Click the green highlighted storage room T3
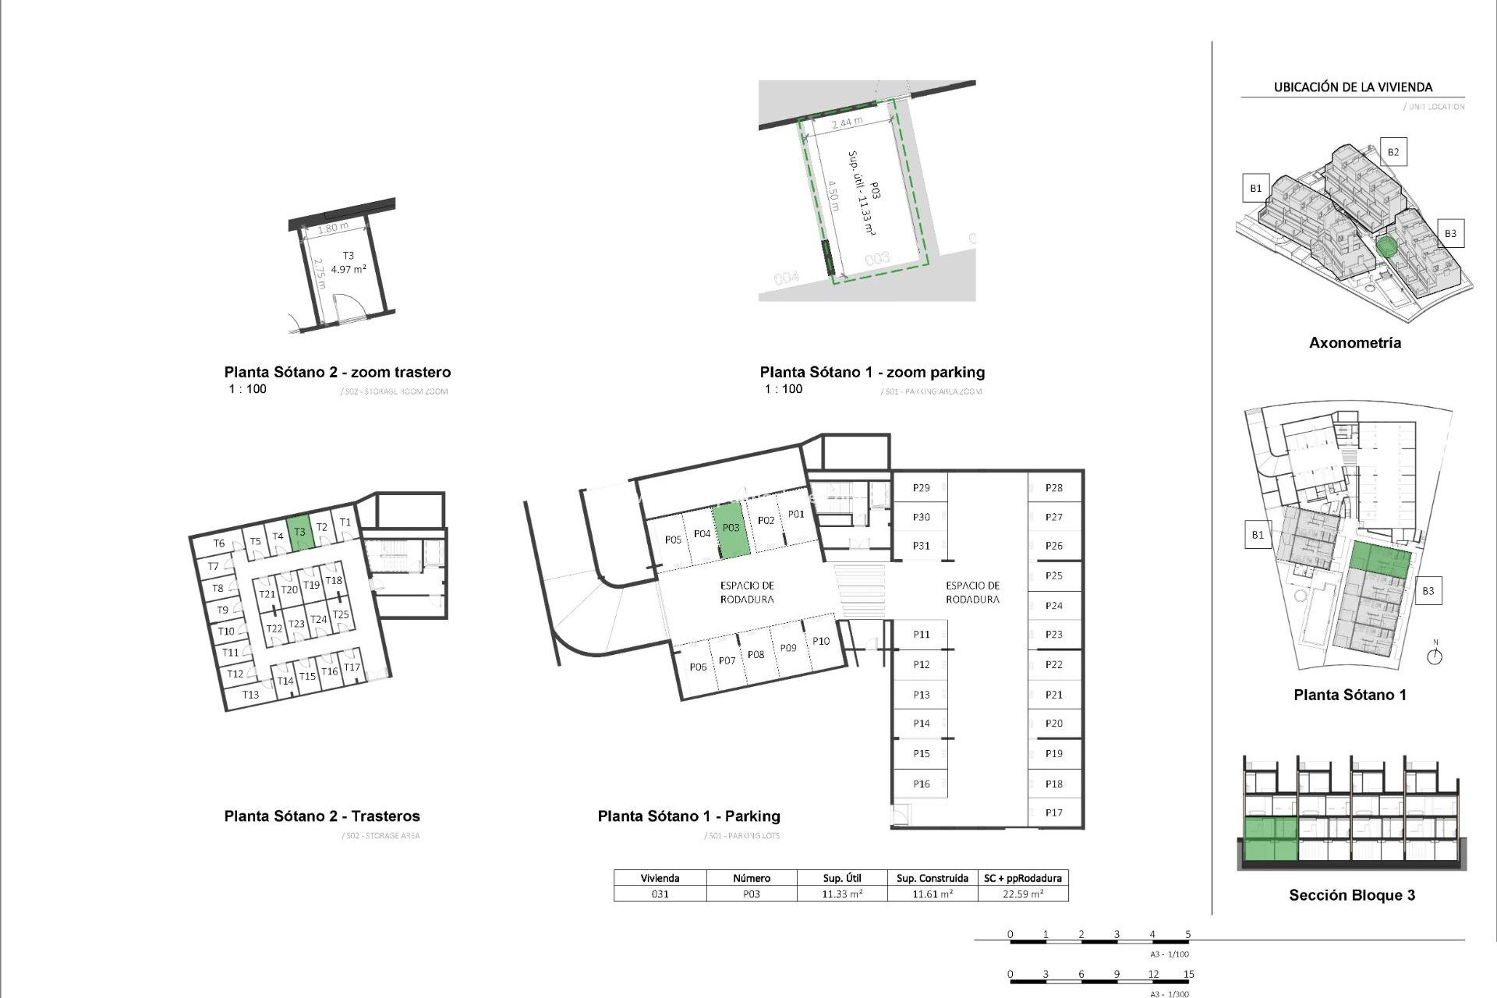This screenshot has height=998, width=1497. (299, 533)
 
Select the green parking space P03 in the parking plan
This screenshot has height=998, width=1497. (731, 529)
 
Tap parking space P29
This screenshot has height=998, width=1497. (921, 488)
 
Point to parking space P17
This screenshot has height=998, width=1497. (1053, 812)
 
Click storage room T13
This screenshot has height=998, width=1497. (250, 695)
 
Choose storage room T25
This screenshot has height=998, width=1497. (341, 614)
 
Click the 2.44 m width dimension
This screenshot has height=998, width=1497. (847, 122)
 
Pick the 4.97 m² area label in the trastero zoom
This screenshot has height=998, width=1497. (349, 269)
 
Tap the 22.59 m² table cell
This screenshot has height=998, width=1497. (1022, 894)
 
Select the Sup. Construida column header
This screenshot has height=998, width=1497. (932, 878)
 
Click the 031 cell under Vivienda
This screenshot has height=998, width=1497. (660, 894)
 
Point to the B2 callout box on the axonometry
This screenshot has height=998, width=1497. (1393, 152)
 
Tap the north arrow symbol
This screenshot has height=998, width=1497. (1435, 656)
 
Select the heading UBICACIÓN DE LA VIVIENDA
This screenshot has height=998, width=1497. (1353, 87)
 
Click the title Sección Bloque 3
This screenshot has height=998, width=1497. (1351, 895)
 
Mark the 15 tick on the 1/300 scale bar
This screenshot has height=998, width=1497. (1188, 974)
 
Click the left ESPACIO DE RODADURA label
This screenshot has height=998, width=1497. (747, 593)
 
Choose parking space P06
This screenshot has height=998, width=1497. (698, 667)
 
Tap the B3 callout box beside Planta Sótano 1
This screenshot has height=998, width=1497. (1428, 591)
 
